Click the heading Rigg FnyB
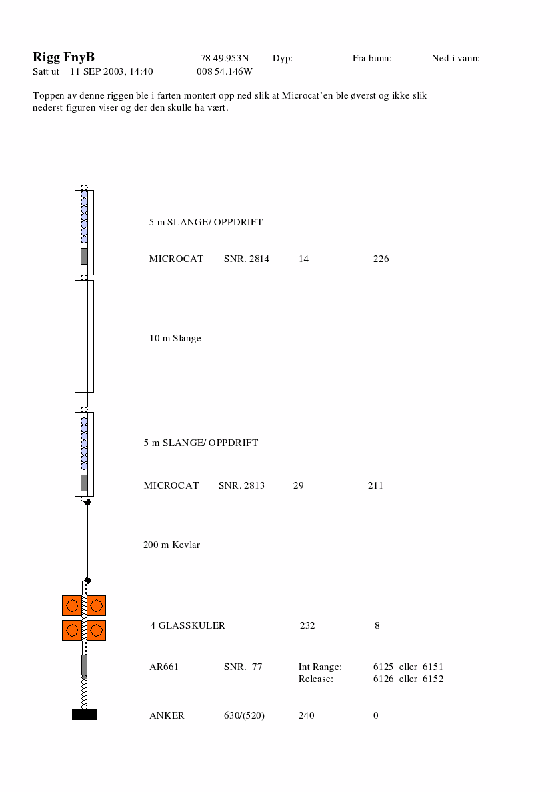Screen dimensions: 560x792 [63, 57]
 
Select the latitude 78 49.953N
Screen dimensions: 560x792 [225, 58]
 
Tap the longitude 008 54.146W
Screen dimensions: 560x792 [225, 71]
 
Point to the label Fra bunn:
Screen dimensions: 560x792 [372, 58]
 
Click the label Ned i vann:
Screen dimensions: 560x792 [455, 58]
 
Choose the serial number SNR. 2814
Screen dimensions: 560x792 [247, 259]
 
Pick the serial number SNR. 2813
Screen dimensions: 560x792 [241, 485]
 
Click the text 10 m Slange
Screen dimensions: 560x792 [175, 339]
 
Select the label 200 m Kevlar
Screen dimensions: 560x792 [172, 545]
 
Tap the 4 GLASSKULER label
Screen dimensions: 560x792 [187, 625]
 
